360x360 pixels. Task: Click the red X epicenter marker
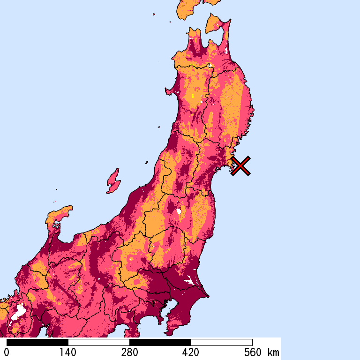[240, 166]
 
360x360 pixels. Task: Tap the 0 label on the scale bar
[7, 352]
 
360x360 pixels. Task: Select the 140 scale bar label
[68, 352]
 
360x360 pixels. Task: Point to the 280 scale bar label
[129, 352]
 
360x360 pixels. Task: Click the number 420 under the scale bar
[191, 352]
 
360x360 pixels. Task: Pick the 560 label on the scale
[252, 352]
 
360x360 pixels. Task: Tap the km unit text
[273, 352]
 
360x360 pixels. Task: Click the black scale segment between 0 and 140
[37, 342]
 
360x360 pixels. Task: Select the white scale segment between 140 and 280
[99, 342]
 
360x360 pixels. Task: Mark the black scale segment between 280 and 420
[160, 342]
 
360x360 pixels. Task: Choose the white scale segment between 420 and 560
[222, 342]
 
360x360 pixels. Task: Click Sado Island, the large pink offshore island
[112, 181]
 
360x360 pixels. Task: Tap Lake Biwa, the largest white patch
[19, 311]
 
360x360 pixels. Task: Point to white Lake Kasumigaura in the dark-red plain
[189, 281]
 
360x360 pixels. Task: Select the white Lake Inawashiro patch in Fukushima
[179, 211]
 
